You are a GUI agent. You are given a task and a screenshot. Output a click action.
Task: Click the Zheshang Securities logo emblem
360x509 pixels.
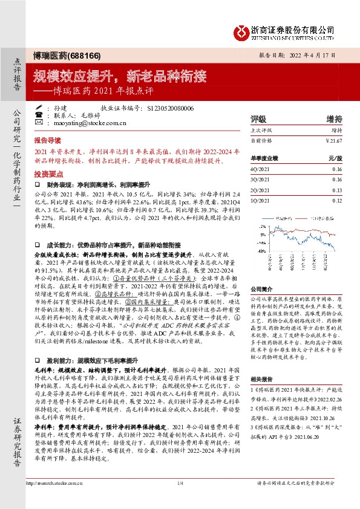coord(242,31)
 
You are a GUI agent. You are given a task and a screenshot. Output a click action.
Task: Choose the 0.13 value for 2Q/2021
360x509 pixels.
coord(336,190)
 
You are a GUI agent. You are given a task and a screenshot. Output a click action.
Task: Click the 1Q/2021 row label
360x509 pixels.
coord(260,200)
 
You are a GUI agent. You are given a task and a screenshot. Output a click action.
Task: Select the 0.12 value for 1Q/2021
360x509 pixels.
coord(336,200)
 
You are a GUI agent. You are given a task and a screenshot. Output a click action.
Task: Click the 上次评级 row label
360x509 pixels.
coord(261,130)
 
